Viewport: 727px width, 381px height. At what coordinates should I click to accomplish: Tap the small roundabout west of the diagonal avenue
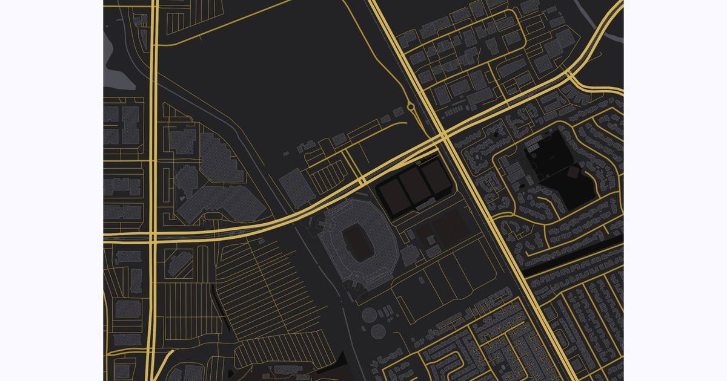[x=411, y=109]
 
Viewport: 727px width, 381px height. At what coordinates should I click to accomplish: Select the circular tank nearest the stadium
[x=369, y=315]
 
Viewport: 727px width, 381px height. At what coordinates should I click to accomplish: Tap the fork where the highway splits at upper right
[x=570, y=74]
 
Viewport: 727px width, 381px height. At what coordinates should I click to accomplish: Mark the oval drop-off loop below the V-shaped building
[x=213, y=216]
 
